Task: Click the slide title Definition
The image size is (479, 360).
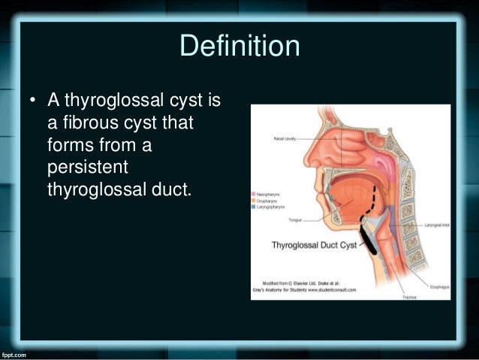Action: pos(239,46)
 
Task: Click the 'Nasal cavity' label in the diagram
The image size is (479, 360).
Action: pos(288,138)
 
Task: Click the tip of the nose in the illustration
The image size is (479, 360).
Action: pos(306,161)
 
